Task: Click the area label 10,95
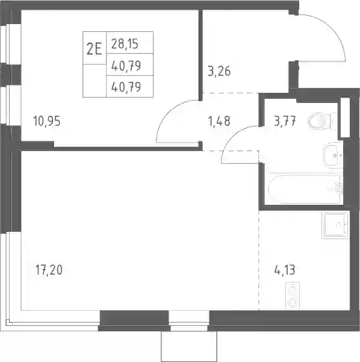coord(47,121)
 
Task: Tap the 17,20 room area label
coord(49,270)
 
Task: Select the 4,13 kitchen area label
coord(285,270)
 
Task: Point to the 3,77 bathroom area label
coord(285,121)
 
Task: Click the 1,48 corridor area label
coord(219,121)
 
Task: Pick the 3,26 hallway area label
coord(219,71)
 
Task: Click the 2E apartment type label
coord(94,49)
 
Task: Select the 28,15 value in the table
coord(125,44)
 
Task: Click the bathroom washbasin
coord(332,155)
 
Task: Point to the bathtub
coord(305,189)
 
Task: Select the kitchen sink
coord(335,225)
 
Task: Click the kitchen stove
coord(293,296)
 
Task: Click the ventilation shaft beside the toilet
coord(346,117)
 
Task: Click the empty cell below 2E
coord(95,81)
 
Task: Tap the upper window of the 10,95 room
coord(10,44)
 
